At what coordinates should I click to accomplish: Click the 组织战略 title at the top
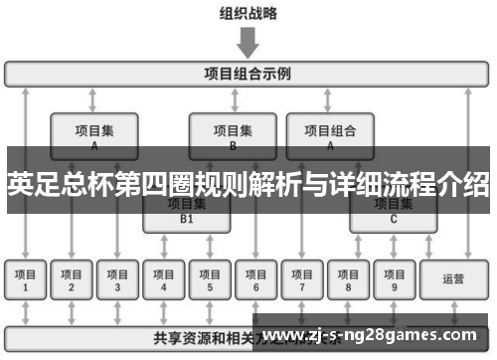pos(248,14)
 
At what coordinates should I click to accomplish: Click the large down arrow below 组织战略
pos(248,42)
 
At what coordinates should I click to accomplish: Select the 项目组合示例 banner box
pos(248,74)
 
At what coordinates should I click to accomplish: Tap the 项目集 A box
pos(93,135)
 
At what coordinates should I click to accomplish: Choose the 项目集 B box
pos(233,135)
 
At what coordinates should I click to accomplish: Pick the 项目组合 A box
pos(330,135)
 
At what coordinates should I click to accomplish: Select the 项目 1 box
pos(26,280)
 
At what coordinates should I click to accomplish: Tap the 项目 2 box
pos(72,280)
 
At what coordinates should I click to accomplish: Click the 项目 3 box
pos(117,280)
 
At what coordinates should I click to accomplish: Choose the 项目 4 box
pos(164,280)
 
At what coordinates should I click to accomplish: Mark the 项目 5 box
pos(210,280)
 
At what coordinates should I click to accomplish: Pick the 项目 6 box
pos(255,280)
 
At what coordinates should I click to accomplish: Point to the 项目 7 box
pos(301,280)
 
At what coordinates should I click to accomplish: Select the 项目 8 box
pos(348,280)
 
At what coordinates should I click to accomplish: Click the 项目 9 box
pos(394,280)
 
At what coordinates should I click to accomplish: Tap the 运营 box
pos(452,280)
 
